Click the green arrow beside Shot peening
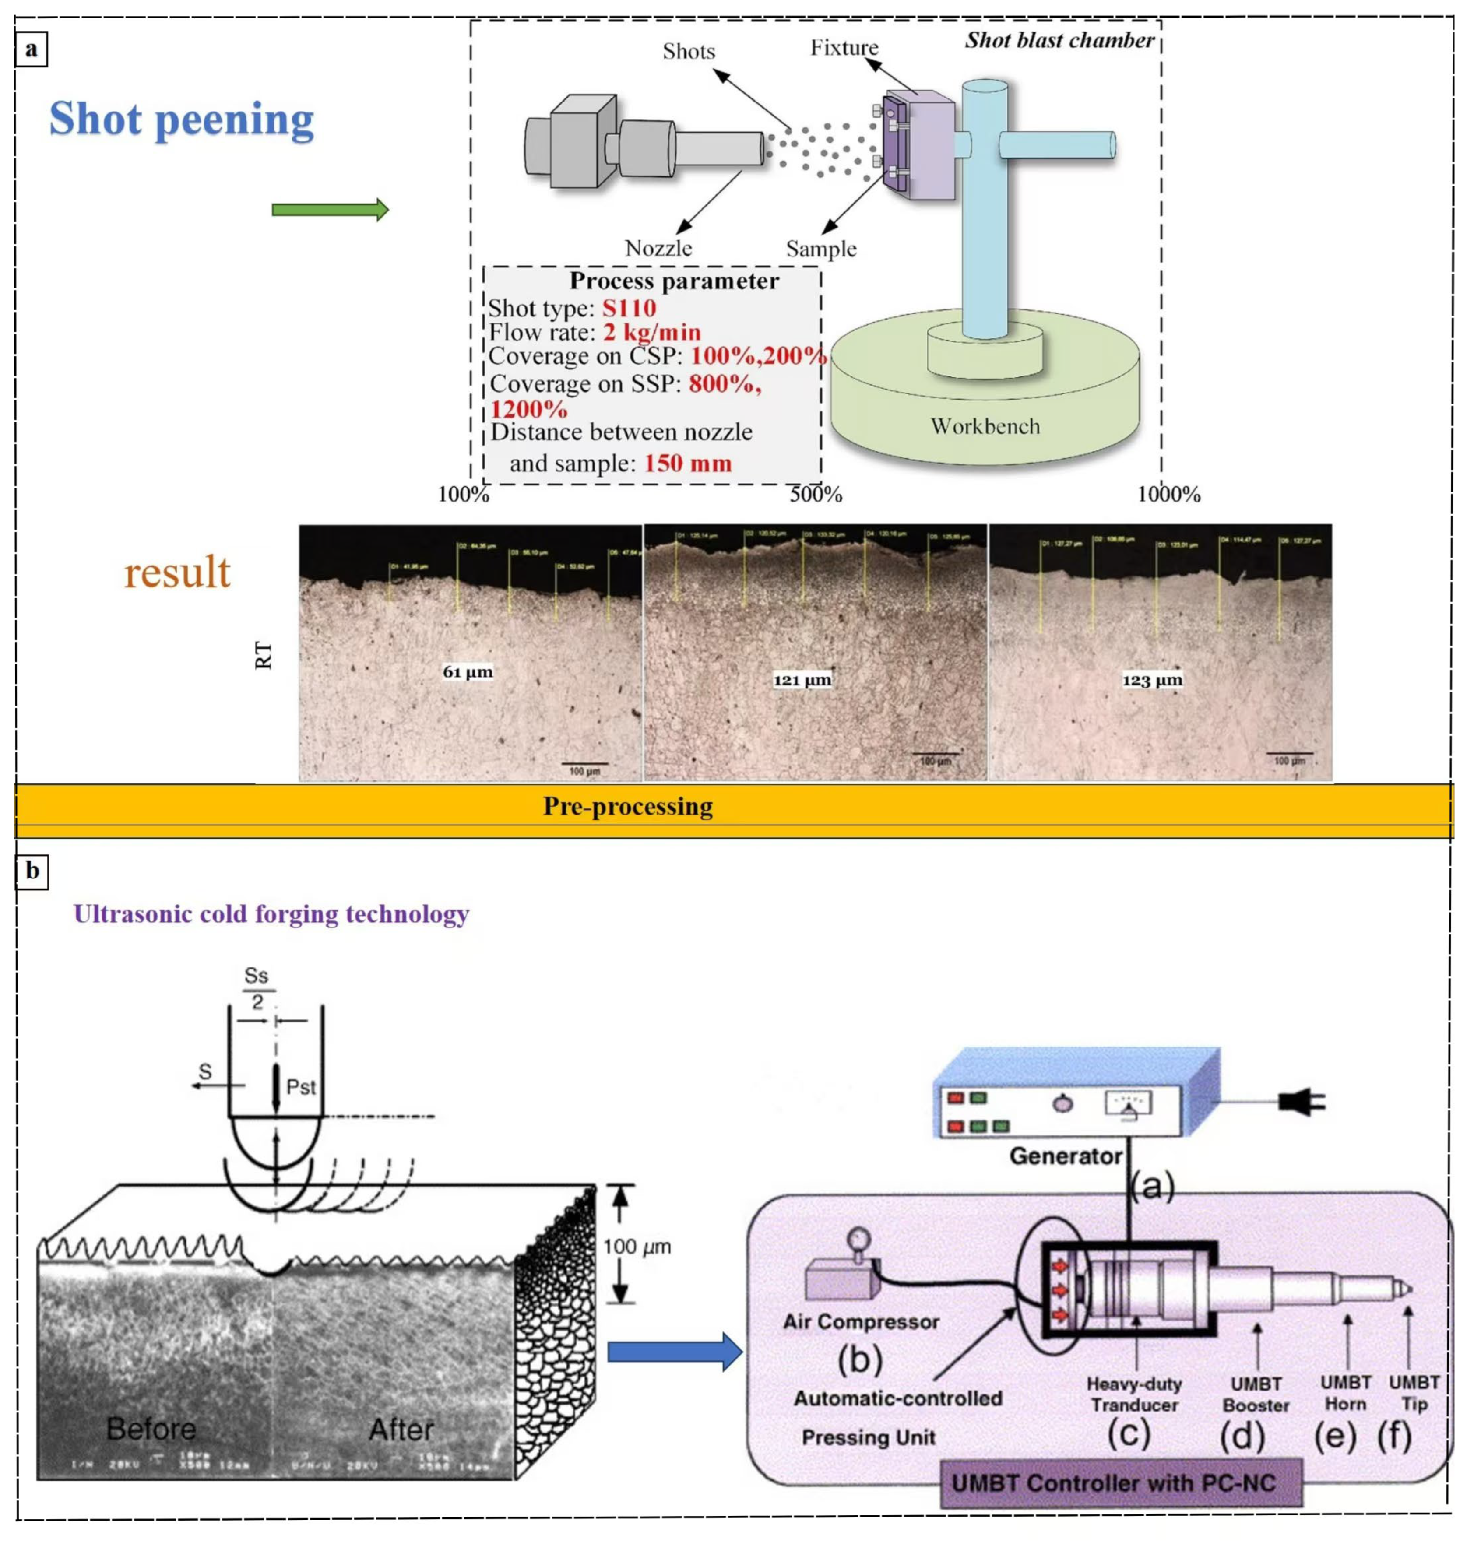(x=330, y=210)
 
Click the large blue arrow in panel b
(x=675, y=1352)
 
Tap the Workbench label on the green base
(x=985, y=426)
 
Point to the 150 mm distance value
(x=688, y=463)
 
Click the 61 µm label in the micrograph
(x=468, y=672)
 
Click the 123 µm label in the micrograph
(x=1152, y=680)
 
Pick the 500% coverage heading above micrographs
(x=816, y=494)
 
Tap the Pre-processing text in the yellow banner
(x=627, y=806)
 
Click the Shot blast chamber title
(x=1059, y=40)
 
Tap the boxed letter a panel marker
(x=32, y=49)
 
